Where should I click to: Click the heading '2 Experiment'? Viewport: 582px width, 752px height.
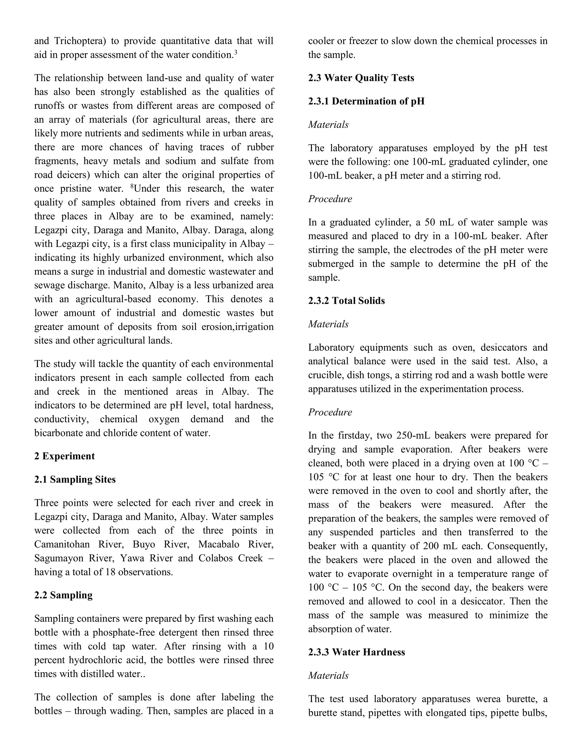64,456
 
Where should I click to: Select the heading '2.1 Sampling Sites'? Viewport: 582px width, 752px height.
75,480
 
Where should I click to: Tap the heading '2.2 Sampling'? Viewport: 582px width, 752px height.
63,595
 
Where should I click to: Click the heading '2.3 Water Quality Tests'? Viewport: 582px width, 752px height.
361,78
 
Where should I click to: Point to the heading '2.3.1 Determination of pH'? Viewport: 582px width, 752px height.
366,101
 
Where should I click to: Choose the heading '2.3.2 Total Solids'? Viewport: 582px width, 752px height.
346,301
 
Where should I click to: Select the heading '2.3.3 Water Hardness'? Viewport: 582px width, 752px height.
357,652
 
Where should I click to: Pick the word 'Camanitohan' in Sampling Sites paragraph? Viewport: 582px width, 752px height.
62,544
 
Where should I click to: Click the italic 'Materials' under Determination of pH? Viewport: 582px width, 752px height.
328,125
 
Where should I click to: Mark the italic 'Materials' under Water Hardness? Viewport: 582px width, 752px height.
328,676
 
